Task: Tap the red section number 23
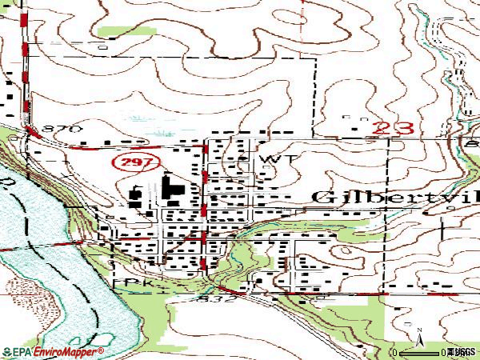(393, 126)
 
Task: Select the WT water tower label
(273, 159)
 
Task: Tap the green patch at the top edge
(118, 31)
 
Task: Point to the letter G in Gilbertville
(321, 198)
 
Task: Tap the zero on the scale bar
(394, 353)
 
